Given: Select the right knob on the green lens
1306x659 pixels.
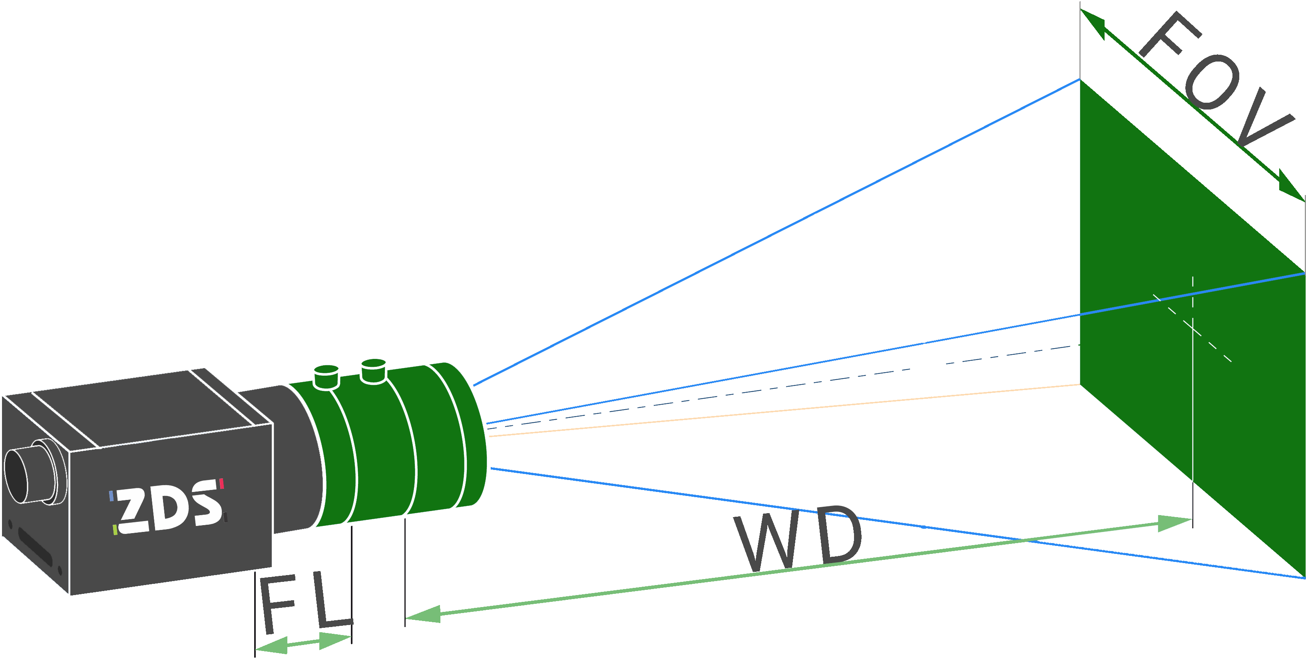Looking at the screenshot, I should coord(374,370).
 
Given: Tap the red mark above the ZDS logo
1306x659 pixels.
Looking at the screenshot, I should coord(221,484).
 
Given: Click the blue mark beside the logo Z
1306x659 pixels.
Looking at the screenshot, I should coord(111,496).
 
